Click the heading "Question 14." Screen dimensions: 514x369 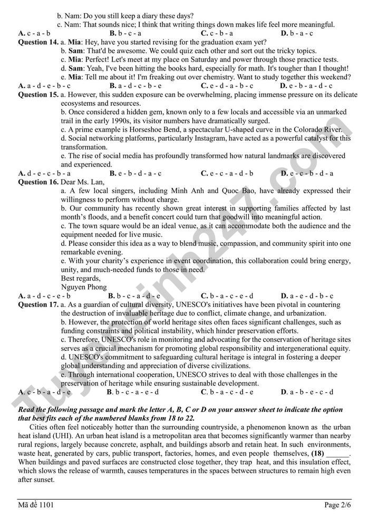click(38, 42)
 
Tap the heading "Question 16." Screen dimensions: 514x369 click(38, 182)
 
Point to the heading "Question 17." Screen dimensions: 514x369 click(38, 304)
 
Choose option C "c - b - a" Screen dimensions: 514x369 click(217, 33)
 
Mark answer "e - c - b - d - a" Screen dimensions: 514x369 click(311, 173)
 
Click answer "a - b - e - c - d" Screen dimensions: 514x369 click(311, 392)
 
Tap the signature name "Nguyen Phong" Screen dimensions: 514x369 click(84, 287)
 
